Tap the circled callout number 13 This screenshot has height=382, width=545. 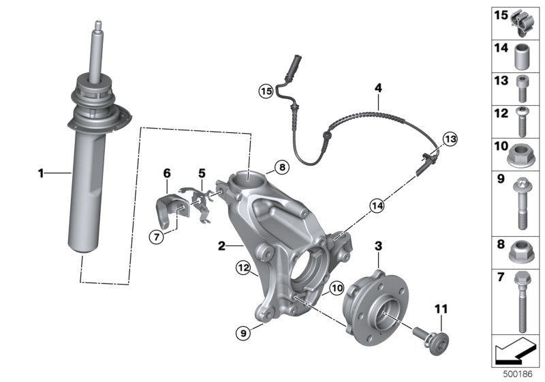(448, 139)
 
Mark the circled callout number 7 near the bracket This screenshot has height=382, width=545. (157, 237)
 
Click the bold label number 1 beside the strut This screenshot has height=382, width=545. (42, 174)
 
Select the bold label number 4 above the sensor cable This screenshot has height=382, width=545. (377, 87)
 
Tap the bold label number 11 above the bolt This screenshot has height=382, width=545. (441, 309)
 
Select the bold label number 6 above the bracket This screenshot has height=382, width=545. (166, 173)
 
